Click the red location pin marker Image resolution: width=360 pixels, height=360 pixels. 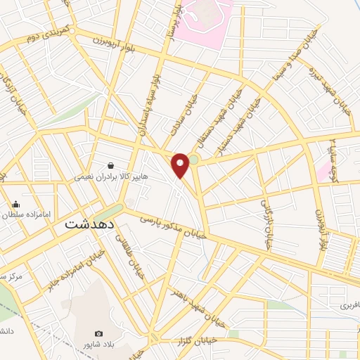[x=181, y=164]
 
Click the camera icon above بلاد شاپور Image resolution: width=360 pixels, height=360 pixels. [x=98, y=333]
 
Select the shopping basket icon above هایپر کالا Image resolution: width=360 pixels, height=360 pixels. [x=111, y=166]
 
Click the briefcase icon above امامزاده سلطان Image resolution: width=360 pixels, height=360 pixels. [x=15, y=204]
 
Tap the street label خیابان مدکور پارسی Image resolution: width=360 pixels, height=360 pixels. [x=172, y=228]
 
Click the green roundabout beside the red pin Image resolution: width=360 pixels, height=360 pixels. [x=193, y=160]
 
